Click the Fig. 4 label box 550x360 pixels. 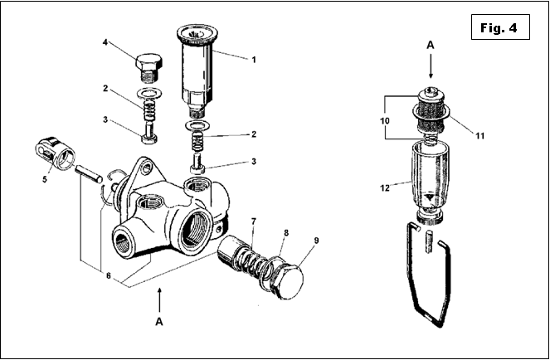(x=500, y=27)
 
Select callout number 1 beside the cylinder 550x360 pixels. (x=254, y=60)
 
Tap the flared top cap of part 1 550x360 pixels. (x=197, y=34)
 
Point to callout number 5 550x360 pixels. (x=45, y=179)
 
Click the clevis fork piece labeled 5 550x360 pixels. (x=55, y=153)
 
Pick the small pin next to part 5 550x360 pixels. (x=89, y=174)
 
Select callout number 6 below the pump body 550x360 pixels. (x=109, y=275)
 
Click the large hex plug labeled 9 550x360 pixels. (x=288, y=280)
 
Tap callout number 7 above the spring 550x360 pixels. (x=253, y=221)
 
